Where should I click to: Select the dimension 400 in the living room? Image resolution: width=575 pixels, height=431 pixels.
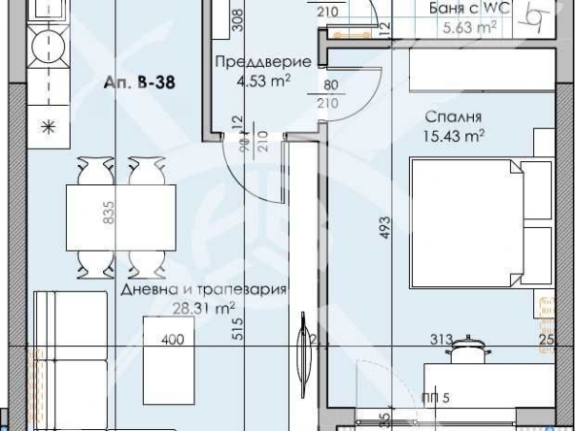173,340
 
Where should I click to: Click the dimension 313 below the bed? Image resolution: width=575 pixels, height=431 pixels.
443,340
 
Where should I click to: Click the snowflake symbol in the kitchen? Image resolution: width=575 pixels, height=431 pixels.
45,127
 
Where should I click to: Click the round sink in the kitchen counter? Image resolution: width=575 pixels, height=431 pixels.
44,43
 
